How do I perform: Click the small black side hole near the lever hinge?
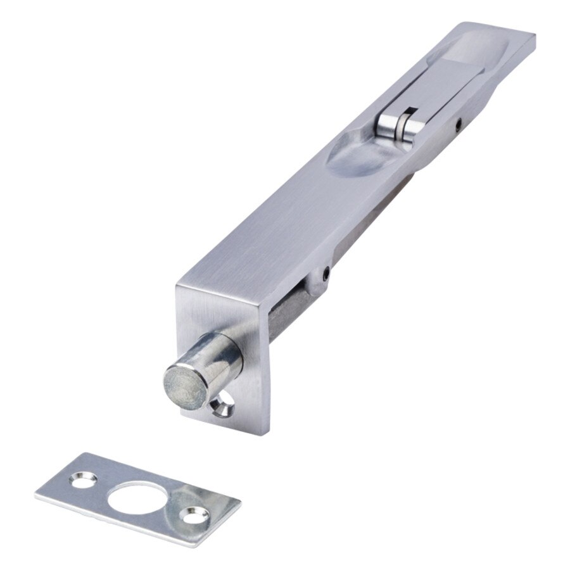click(457, 125)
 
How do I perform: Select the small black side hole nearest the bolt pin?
click(325, 274)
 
